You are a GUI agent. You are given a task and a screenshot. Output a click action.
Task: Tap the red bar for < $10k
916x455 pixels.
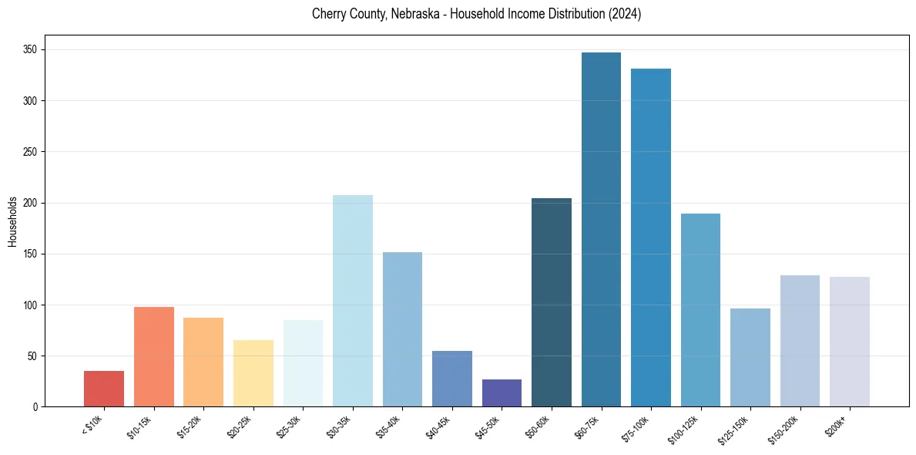104,389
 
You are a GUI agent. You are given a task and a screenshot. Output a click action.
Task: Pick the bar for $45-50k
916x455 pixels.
502,393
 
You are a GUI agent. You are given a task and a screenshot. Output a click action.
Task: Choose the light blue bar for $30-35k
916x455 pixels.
353,301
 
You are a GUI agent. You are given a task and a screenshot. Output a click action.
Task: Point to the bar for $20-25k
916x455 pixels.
253,373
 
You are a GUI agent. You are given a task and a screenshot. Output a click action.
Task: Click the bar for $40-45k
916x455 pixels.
452,379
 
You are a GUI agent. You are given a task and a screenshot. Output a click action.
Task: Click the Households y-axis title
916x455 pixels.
12,221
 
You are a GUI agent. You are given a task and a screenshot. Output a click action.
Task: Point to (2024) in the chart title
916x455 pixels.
626,14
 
